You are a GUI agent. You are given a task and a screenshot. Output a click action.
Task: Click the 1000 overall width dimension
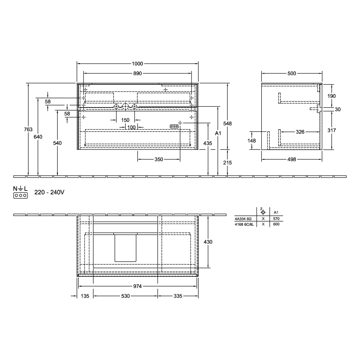[x=137, y=63]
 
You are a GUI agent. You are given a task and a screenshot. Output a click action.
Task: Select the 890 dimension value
[x=138, y=74]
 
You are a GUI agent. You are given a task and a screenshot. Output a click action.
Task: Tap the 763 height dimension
[x=28, y=129]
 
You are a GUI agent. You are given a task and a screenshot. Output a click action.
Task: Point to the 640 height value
[x=38, y=137]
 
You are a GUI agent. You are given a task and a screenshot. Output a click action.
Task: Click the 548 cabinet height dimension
[x=228, y=124]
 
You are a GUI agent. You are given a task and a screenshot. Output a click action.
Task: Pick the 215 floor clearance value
[x=228, y=163]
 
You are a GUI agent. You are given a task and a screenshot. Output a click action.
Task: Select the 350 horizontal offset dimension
[x=159, y=159]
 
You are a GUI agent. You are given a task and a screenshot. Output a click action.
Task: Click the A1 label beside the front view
[x=218, y=133]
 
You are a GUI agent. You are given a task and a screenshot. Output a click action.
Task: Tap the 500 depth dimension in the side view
[x=292, y=74]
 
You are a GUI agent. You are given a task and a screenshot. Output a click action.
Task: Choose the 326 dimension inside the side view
[x=300, y=132]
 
